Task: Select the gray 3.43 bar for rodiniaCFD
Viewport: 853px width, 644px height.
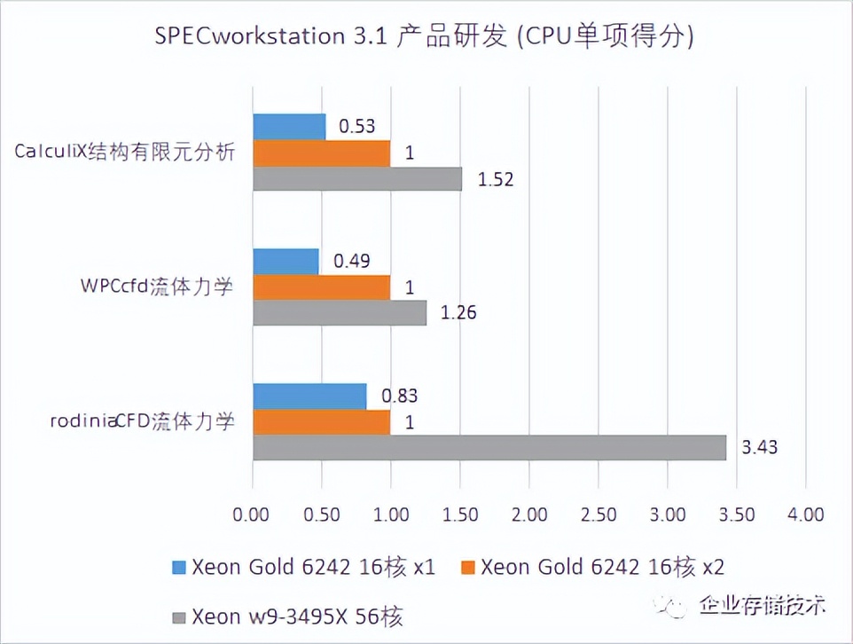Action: click(489, 448)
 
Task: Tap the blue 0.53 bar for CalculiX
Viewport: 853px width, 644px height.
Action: click(289, 127)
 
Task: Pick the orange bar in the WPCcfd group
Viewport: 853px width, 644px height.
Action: click(321, 287)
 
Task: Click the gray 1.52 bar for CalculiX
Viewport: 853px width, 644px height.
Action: click(357, 179)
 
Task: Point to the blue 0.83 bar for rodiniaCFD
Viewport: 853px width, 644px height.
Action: click(309, 397)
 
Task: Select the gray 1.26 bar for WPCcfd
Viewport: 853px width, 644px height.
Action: click(340, 313)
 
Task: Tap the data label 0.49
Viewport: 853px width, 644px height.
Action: click(351, 261)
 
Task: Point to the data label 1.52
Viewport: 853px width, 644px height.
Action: click(496, 179)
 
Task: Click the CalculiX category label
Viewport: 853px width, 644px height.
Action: click(125, 152)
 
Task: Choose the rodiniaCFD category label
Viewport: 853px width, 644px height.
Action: click(142, 421)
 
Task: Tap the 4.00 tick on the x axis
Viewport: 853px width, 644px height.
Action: click(804, 514)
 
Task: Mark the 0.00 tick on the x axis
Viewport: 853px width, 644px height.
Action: click(253, 514)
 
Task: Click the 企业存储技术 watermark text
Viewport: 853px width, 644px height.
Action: click(762, 605)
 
